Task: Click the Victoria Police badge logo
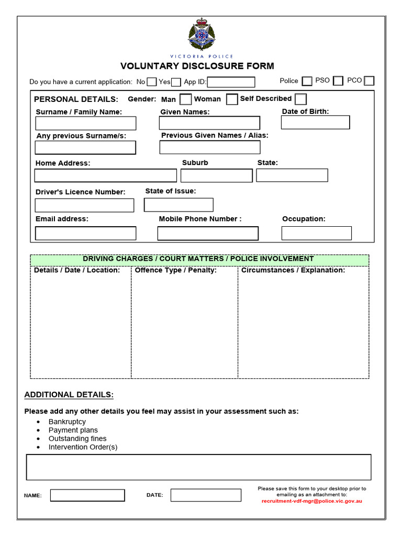pyautogui.click(x=201, y=34)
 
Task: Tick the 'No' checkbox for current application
pyautogui.click(x=151, y=82)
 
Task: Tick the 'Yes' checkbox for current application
pyautogui.click(x=176, y=82)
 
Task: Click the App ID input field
pyautogui.click(x=231, y=82)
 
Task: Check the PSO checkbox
pyautogui.click(x=338, y=81)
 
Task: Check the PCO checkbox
pyautogui.click(x=369, y=81)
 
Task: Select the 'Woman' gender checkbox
pyautogui.click(x=232, y=99)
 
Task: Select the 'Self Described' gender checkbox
pyautogui.click(x=300, y=99)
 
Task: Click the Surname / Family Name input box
pyautogui.click(x=86, y=123)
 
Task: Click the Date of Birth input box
pyautogui.click(x=315, y=122)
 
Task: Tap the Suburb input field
pyautogui.click(x=216, y=176)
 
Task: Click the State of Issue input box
pyautogui.click(x=178, y=205)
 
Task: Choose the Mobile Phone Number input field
pyautogui.click(x=208, y=233)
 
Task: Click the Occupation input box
pyautogui.click(x=316, y=233)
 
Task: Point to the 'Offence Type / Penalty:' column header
pyautogui.click(x=175, y=271)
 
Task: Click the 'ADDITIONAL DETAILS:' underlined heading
pyautogui.click(x=69, y=394)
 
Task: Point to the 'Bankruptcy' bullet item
pyautogui.click(x=67, y=422)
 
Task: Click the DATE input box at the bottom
pyautogui.click(x=206, y=495)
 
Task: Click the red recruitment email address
pyautogui.click(x=311, y=501)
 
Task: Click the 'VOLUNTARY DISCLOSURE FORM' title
pyautogui.click(x=197, y=66)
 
